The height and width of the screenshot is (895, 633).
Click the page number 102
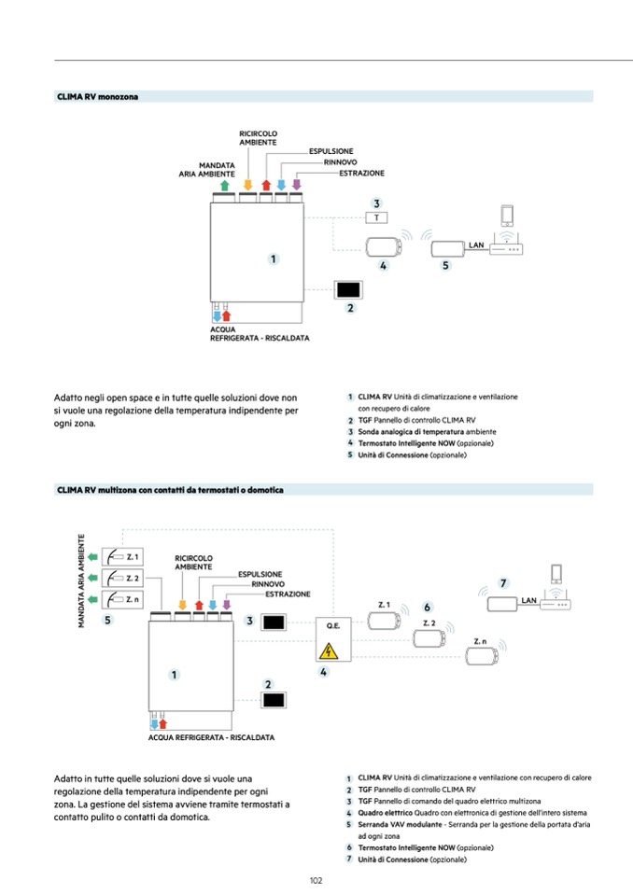tap(316, 879)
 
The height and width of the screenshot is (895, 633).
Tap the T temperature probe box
tap(375, 217)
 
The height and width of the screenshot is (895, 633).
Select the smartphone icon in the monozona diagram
tap(508, 216)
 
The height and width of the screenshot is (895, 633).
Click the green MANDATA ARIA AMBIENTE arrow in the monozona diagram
tap(226, 185)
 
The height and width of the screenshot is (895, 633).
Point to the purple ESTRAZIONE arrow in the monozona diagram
tap(297, 185)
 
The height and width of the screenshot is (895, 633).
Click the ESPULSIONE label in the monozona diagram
tap(331, 151)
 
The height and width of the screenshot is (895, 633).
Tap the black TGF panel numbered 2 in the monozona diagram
tap(350, 288)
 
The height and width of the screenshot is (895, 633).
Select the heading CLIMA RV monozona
tap(98, 96)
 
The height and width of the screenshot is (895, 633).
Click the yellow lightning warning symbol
tap(328, 651)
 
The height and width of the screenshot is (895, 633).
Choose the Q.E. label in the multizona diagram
tap(332, 625)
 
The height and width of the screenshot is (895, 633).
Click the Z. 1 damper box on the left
tap(122, 558)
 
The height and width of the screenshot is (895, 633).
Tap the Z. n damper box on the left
tap(122, 599)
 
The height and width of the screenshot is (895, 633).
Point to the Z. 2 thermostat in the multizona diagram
tap(429, 638)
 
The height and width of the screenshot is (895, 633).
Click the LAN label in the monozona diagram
tap(475, 245)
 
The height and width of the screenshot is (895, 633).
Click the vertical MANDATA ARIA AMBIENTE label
tap(82, 580)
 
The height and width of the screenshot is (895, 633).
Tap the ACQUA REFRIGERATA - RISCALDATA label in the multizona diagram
tap(211, 737)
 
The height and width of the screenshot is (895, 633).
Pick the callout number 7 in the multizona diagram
tap(503, 583)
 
